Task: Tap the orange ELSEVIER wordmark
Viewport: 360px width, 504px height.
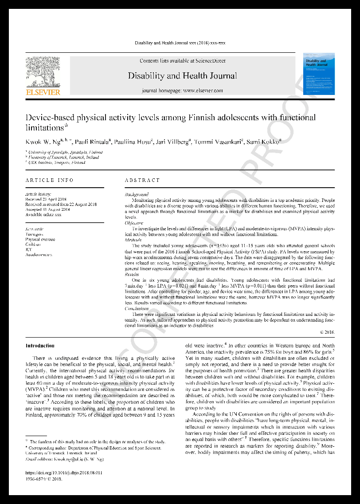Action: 43,92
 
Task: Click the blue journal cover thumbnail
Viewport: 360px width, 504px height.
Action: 318,74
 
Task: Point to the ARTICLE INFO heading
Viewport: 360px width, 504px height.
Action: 50,180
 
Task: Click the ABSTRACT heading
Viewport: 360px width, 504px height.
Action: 142,180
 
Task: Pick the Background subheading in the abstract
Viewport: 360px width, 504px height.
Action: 137,194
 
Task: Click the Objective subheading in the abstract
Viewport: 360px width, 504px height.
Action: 134,223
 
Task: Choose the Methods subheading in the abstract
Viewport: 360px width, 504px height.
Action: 133,240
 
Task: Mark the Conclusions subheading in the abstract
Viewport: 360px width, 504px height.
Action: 137,308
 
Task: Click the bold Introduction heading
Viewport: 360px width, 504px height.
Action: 40,346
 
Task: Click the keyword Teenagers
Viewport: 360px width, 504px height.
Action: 35,234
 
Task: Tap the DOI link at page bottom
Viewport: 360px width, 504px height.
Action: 64,473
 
